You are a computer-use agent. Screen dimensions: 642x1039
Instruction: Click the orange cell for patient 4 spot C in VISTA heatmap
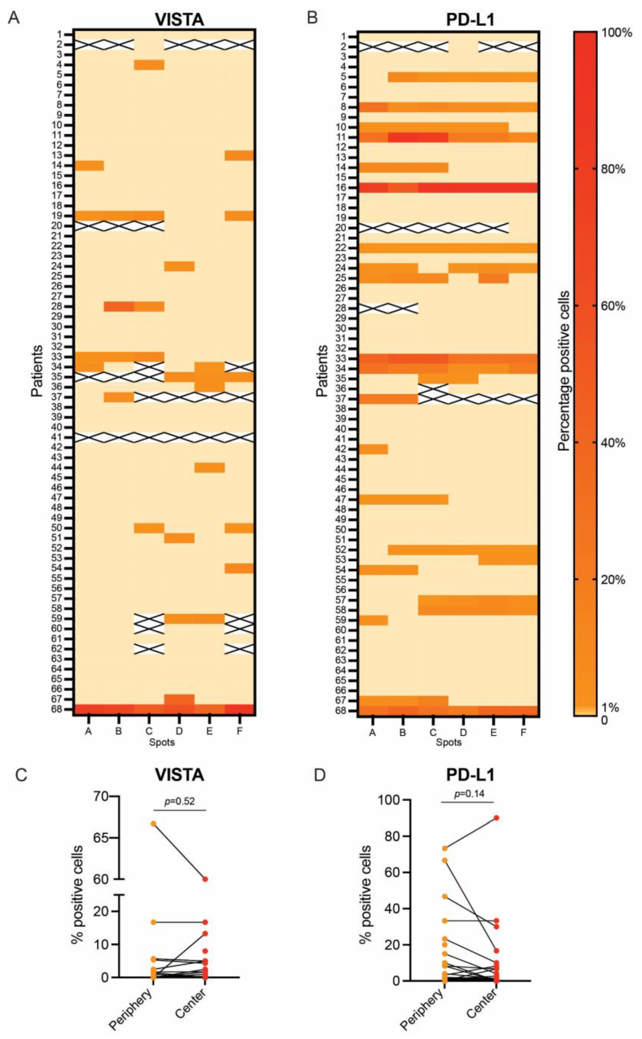point(149,64)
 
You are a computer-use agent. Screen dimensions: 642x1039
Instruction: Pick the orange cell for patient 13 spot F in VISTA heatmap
point(239,155)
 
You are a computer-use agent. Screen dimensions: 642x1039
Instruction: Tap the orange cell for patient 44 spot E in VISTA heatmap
point(209,467)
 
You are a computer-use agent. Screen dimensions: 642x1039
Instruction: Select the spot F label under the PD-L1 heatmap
point(523,732)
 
